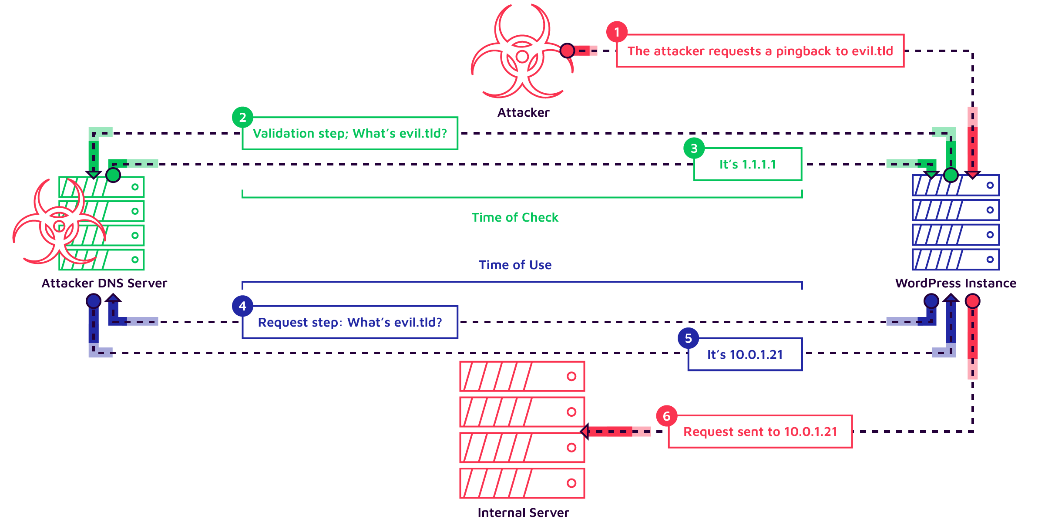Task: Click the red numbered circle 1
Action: tap(617, 32)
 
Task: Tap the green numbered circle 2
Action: tap(242, 117)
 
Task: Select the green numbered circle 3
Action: tap(694, 148)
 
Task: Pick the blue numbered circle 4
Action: tap(242, 306)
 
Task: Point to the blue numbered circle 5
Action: tap(688, 338)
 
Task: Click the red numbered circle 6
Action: tap(666, 416)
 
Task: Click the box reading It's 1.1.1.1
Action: tap(747, 165)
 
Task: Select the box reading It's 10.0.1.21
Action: tap(745, 354)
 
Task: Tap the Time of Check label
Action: tap(515, 217)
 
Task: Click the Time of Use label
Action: tap(515, 265)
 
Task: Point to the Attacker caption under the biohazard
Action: tap(523, 113)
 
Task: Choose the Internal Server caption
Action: tap(523, 513)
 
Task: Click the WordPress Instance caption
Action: tap(955, 283)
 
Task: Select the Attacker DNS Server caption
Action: tap(104, 283)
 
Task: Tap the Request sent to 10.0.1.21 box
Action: tap(760, 432)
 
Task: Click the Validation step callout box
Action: tap(350, 133)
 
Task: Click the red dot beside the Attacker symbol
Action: tap(567, 51)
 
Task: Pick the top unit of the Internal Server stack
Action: tap(522, 376)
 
